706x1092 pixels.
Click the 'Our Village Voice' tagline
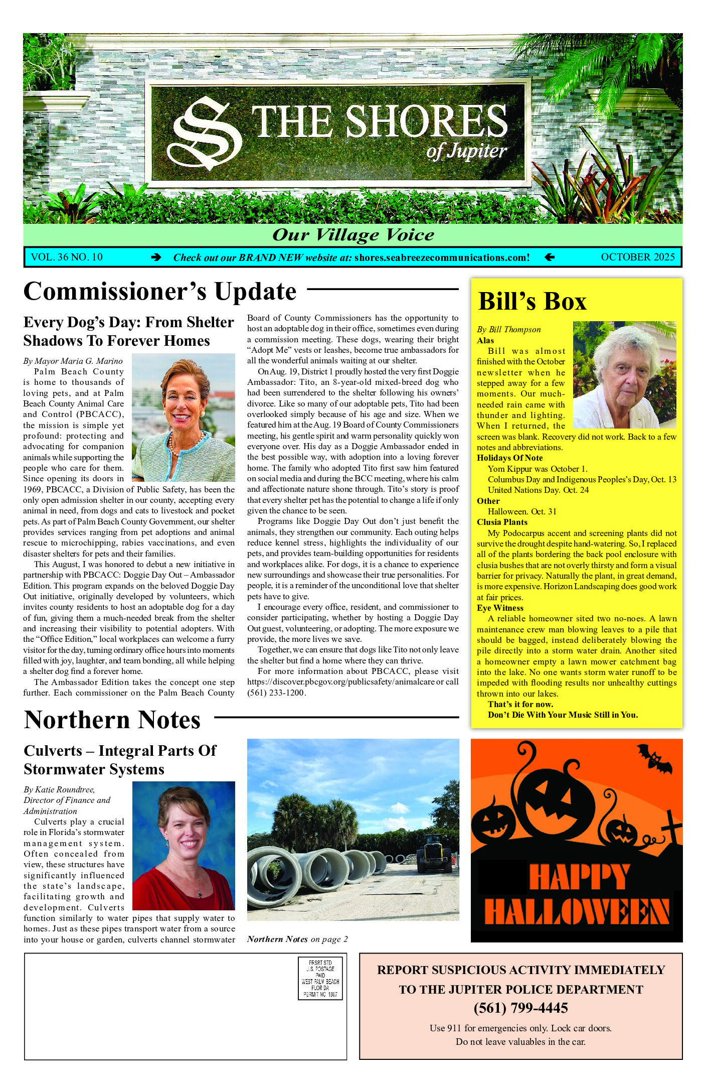tap(353, 235)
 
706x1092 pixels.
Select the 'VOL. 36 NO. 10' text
tap(67, 257)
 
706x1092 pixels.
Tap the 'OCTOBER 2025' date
tap(638, 257)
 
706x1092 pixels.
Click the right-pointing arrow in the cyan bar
tap(156, 257)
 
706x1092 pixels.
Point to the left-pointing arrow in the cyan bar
tap(550, 257)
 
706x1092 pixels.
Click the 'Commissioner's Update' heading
tap(160, 292)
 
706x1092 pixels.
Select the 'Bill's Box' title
tap(532, 302)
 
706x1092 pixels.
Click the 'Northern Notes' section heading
tap(112, 720)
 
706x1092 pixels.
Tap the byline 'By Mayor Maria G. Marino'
tap(73, 361)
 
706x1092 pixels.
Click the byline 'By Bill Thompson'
tap(508, 329)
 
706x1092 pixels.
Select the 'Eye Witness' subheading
tap(500, 608)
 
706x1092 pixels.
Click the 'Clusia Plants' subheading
tap(502, 522)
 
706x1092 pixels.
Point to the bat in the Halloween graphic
tap(655, 758)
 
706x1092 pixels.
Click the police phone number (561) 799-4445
tap(520, 1008)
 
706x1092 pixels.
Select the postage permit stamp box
tap(320, 978)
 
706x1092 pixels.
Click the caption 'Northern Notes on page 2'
tap(297, 939)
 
